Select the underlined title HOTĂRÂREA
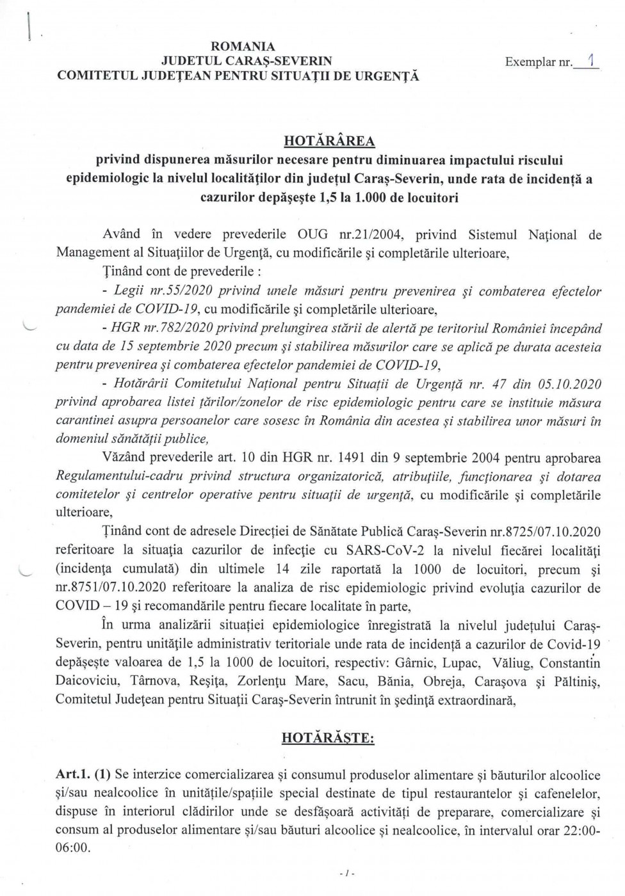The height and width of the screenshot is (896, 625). pyautogui.click(x=329, y=141)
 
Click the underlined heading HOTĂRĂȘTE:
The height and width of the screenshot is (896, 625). pyautogui.click(x=328, y=738)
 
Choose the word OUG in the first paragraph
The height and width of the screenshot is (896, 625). pyautogui.click(x=314, y=234)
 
